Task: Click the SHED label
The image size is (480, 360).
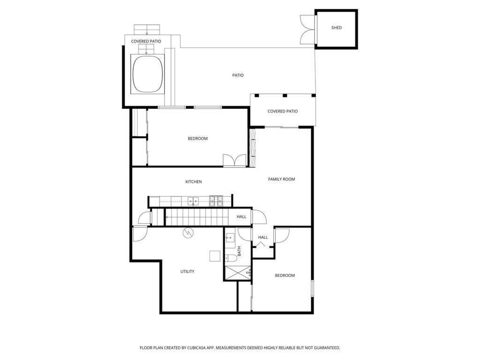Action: [337, 28]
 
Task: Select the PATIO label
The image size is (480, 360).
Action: [238, 75]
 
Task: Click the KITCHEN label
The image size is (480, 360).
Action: [194, 182]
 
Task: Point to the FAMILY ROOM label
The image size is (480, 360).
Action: [281, 179]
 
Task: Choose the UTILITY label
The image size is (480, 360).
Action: [187, 271]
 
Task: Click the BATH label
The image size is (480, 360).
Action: [239, 251]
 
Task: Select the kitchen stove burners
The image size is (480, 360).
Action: [216, 201]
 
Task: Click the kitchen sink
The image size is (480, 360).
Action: [192, 202]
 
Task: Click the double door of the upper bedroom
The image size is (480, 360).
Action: [234, 160]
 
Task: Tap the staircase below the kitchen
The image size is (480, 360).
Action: [195, 217]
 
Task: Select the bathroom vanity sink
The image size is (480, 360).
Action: [230, 238]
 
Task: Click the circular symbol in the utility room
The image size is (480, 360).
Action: [187, 232]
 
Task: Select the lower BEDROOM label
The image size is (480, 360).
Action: [285, 275]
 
